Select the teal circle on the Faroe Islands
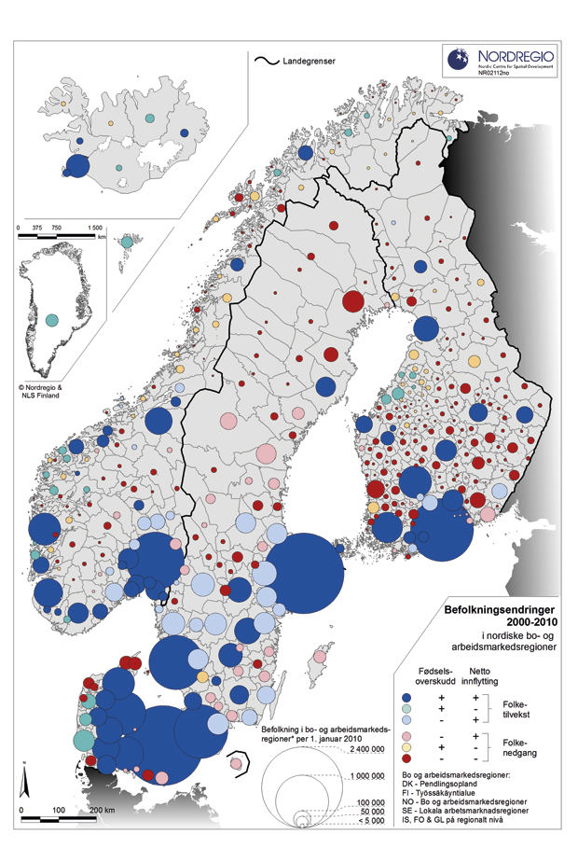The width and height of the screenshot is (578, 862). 126,242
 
